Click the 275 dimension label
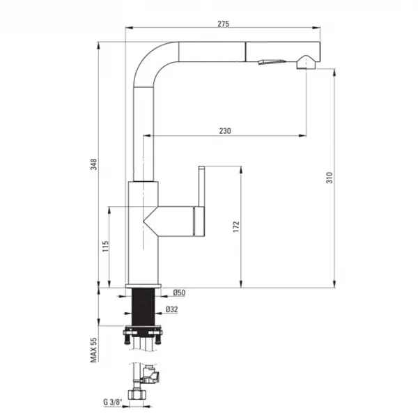pos(223,24)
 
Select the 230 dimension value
pos(225,131)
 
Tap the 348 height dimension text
pos(94,164)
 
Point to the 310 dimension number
pos(330,178)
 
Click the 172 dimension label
pos(236,227)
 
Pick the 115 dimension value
pos(106,247)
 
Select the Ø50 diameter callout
pos(179,293)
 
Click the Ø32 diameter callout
pos(171,309)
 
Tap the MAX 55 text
pos(94,350)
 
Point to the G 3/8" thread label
pos(112,402)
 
